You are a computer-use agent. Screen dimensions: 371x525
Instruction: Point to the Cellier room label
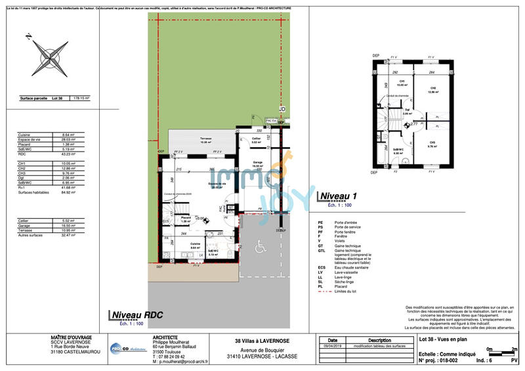pyautogui.click(x=257, y=139)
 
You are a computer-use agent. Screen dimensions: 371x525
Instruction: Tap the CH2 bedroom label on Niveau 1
pyautogui.click(x=432, y=89)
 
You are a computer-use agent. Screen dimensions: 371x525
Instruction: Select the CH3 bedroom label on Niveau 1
pyautogui.click(x=432, y=142)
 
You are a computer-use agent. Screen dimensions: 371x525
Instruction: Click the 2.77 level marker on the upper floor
pyautogui.click(x=413, y=123)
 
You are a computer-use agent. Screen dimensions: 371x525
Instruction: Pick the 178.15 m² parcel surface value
pyautogui.click(x=81, y=98)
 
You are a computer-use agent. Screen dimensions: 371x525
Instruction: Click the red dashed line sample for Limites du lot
pyautogui.click(x=322, y=291)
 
